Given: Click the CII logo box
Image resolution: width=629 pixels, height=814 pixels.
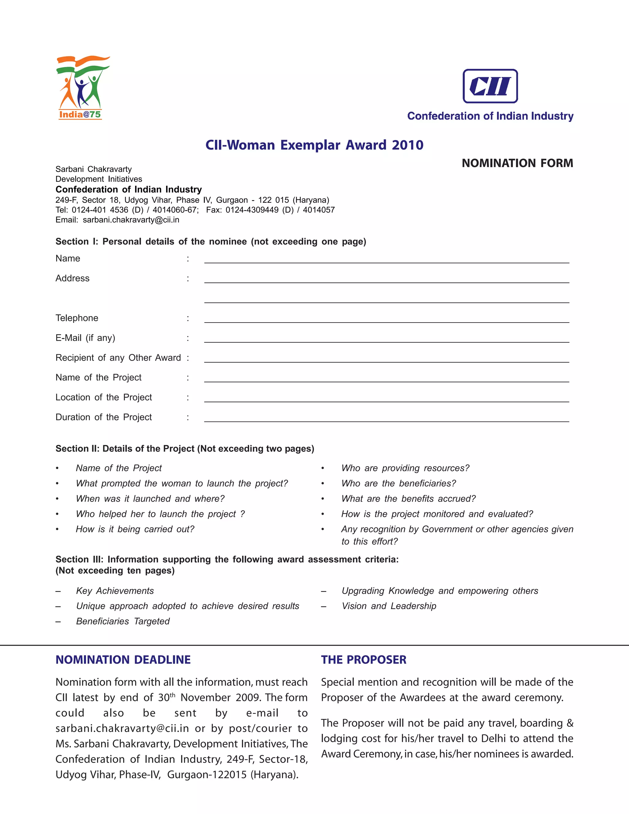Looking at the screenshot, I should (490, 86).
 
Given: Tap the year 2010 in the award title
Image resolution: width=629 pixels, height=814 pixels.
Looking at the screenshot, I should (407, 145).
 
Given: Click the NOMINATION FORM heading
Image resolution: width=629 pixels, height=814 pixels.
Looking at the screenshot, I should (517, 163).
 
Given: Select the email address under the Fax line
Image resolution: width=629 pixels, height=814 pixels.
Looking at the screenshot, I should (131, 220).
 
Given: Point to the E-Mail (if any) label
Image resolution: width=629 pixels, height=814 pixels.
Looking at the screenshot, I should (85, 338).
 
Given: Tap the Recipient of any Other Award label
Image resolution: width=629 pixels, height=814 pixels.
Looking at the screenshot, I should (118, 358).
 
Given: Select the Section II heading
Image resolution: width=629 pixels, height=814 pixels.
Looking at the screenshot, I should (185, 449).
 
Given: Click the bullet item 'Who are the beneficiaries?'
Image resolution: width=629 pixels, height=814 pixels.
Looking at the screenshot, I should (398, 483).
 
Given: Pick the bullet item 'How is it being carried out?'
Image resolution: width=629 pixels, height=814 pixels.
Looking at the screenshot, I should (135, 529).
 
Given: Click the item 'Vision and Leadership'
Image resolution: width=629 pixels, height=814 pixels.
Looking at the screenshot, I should (389, 606).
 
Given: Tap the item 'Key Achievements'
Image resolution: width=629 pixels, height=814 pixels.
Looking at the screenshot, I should (115, 591).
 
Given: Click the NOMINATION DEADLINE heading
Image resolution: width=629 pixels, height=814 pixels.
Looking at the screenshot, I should (123, 660).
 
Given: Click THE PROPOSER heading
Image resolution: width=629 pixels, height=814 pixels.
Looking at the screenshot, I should (363, 660).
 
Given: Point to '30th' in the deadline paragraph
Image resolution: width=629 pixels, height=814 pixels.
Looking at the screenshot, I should (166, 697).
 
